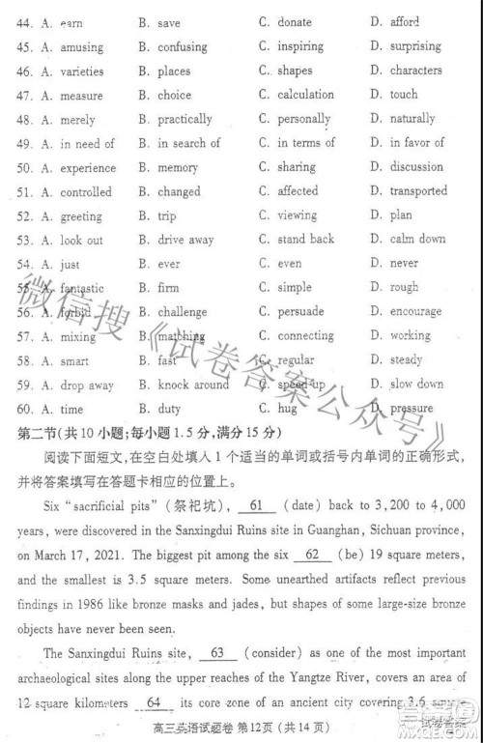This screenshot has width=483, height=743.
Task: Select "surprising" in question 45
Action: pos(416,45)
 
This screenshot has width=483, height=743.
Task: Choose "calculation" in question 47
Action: pos(306,95)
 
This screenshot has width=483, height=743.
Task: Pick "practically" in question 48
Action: pos(185,119)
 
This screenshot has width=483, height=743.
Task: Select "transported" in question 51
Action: pos(418,191)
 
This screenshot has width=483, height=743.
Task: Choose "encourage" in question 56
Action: pos(415,312)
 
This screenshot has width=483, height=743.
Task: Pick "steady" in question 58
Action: pos(406,360)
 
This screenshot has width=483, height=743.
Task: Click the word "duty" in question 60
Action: pos(169,409)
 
